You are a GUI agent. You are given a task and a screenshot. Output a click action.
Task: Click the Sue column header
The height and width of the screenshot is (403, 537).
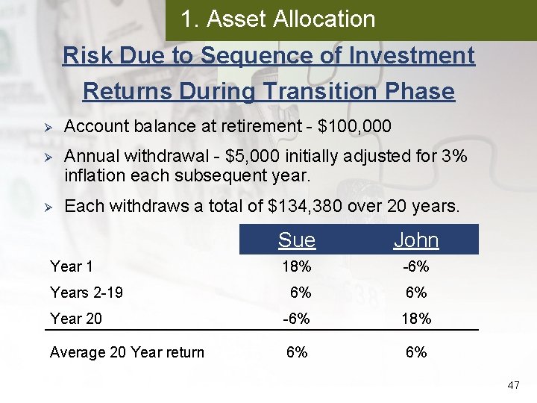(297, 240)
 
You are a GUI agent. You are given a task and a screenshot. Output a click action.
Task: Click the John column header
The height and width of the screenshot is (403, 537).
(416, 240)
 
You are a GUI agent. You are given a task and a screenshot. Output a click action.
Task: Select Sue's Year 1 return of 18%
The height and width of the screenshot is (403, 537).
(297, 267)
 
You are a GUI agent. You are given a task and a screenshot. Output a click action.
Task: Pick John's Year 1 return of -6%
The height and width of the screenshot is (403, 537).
(416, 267)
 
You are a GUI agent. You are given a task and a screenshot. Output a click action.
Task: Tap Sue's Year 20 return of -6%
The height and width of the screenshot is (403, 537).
(297, 319)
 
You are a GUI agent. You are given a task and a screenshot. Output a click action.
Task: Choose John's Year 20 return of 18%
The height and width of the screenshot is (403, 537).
(416, 319)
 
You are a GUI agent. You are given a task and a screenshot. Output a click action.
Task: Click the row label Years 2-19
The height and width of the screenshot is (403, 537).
(87, 293)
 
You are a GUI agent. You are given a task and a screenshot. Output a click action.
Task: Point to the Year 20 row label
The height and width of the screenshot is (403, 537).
(75, 319)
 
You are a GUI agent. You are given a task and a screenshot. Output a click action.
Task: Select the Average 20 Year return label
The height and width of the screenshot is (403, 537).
(127, 352)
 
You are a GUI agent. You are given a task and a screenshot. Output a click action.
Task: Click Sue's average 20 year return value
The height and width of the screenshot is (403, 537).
(297, 352)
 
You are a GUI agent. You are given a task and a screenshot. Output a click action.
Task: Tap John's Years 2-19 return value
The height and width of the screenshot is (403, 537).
(416, 293)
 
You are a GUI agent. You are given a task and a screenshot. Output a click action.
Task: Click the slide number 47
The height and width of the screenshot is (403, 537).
(512, 385)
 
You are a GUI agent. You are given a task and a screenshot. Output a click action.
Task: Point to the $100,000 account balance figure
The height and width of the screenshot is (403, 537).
(354, 127)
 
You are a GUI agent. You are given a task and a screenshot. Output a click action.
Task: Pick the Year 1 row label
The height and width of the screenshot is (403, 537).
(72, 266)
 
